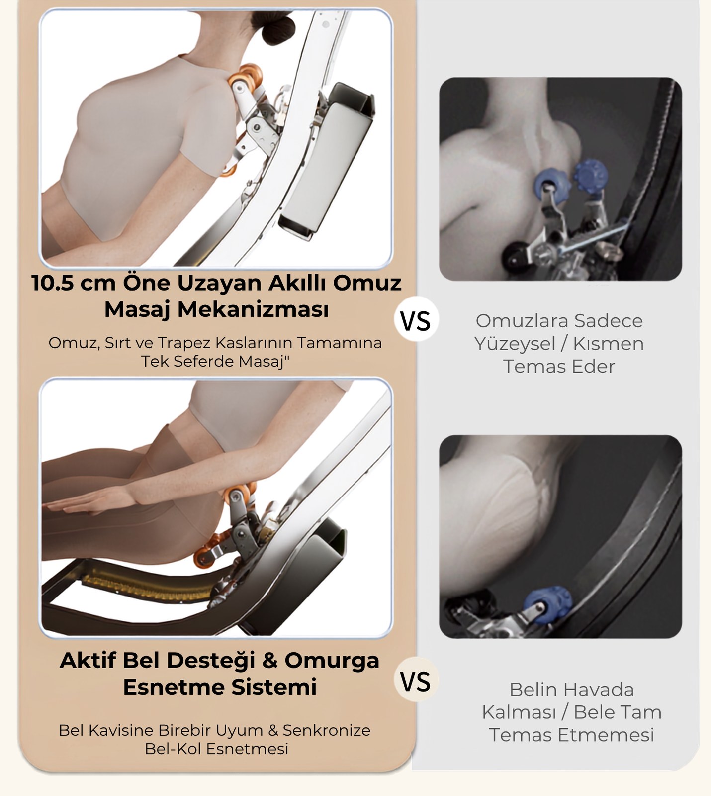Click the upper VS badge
(416, 320)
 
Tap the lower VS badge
(416, 680)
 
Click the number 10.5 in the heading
(53, 283)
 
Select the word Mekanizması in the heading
(253, 309)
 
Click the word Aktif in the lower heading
(88, 660)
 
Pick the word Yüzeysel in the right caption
(515, 344)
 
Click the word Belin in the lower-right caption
(529, 690)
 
